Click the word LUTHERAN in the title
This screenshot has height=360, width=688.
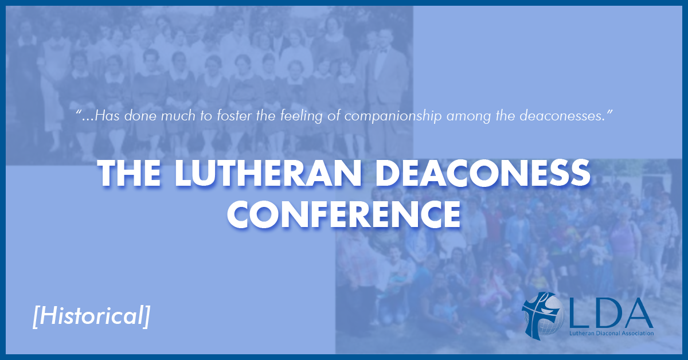(x=268, y=173)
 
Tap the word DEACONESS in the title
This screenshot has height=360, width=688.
(x=483, y=173)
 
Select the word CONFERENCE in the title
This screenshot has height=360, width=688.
(x=344, y=214)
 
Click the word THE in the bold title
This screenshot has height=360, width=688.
(x=129, y=173)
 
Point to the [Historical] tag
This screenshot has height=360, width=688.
(x=91, y=316)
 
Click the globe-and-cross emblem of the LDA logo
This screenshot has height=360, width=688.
(x=543, y=315)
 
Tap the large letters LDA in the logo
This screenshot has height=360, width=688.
(x=611, y=314)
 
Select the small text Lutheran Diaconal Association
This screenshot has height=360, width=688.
(x=611, y=333)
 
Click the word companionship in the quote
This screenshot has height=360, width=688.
(x=393, y=116)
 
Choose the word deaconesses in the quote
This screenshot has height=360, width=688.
(x=562, y=116)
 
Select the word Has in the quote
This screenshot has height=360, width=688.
(x=107, y=116)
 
